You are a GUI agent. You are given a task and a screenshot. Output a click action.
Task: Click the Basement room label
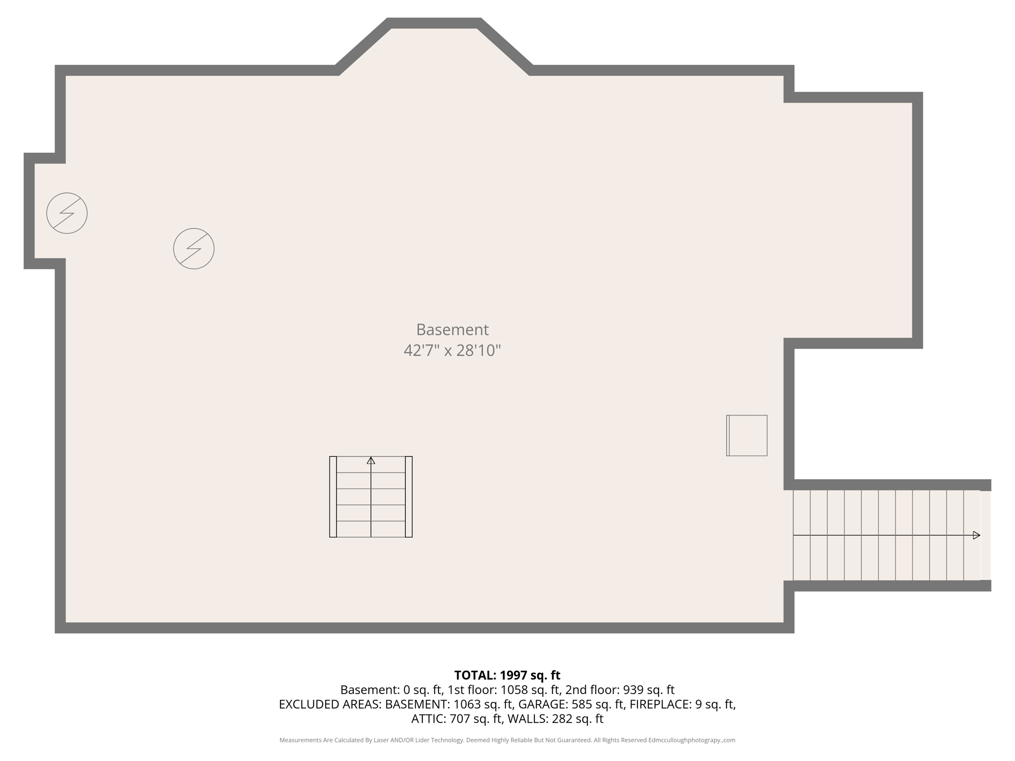pyautogui.click(x=452, y=329)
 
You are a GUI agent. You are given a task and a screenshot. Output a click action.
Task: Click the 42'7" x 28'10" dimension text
pyautogui.click(x=452, y=351)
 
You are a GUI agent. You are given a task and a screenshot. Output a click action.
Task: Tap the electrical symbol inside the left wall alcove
pyautogui.click(x=67, y=213)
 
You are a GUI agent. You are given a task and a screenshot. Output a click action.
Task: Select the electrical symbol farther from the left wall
pyautogui.click(x=194, y=249)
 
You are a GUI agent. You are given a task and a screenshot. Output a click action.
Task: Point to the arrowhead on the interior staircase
pyautogui.click(x=371, y=461)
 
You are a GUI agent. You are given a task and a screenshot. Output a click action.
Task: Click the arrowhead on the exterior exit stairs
pyautogui.click(x=976, y=535)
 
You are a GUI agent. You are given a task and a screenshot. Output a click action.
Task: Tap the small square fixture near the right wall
pyautogui.click(x=747, y=435)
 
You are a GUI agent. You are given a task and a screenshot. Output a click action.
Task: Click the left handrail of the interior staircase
pyautogui.click(x=333, y=496)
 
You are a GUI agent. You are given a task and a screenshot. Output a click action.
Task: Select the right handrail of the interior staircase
pyautogui.click(x=409, y=496)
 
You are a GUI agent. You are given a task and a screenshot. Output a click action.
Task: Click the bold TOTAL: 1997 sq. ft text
pyautogui.click(x=507, y=675)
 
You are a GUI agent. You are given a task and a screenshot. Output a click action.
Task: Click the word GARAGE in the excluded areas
pyautogui.click(x=543, y=704)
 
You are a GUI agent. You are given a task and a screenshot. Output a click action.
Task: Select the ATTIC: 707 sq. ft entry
pyautogui.click(x=457, y=718)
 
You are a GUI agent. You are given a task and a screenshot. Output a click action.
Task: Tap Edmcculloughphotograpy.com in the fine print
pyautogui.click(x=691, y=740)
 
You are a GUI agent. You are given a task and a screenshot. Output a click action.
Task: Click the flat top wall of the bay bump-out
pyautogui.click(x=434, y=23)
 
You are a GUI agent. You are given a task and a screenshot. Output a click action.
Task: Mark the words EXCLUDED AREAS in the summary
pyautogui.click(x=330, y=704)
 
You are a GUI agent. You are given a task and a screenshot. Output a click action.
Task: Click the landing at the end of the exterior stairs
pyautogui.click(x=985, y=535)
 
